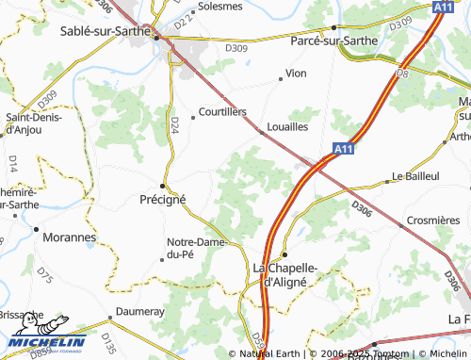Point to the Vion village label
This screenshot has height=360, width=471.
coord(296,73)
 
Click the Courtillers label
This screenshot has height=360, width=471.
coord(222,111)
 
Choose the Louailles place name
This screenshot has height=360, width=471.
coord(288,126)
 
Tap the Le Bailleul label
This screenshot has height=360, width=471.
coord(415,175)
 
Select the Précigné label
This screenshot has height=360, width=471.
coord(163,199)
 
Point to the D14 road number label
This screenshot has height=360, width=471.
coord(12,163)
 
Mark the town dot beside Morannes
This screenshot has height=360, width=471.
coord(37,229)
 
